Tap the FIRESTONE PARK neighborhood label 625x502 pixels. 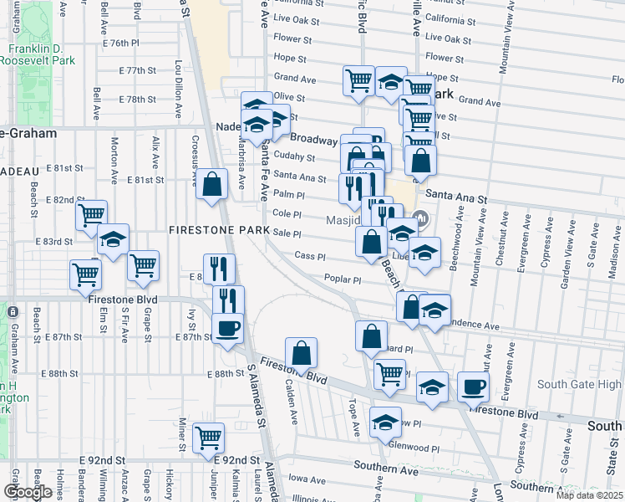[x=219, y=230]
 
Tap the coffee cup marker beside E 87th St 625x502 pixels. [x=227, y=327]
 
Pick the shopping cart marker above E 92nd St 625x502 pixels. [x=209, y=437]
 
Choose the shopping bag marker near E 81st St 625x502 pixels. [x=212, y=184]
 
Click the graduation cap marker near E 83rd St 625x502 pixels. [x=113, y=239]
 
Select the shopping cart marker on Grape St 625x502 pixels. [x=144, y=265]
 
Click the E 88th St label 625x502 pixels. [x=227, y=374]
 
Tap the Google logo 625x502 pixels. [x=28, y=491]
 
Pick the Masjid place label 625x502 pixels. [x=341, y=220]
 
